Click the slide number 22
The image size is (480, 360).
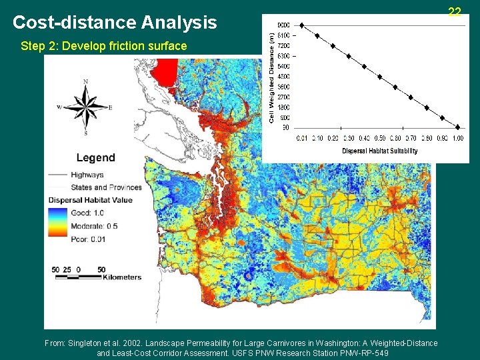(x=455, y=12)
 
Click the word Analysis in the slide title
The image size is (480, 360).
(x=179, y=23)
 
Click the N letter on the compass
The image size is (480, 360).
(x=85, y=82)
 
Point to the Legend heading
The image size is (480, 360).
(x=95, y=158)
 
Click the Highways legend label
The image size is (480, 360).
(x=87, y=175)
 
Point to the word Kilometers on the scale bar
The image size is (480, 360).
(x=122, y=277)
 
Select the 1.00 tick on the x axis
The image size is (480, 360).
(x=457, y=139)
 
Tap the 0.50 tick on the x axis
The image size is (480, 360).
(x=379, y=139)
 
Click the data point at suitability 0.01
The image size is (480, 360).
(x=301, y=25)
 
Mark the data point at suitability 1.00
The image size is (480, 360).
(x=457, y=127)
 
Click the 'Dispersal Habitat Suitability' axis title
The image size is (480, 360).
(x=379, y=151)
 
